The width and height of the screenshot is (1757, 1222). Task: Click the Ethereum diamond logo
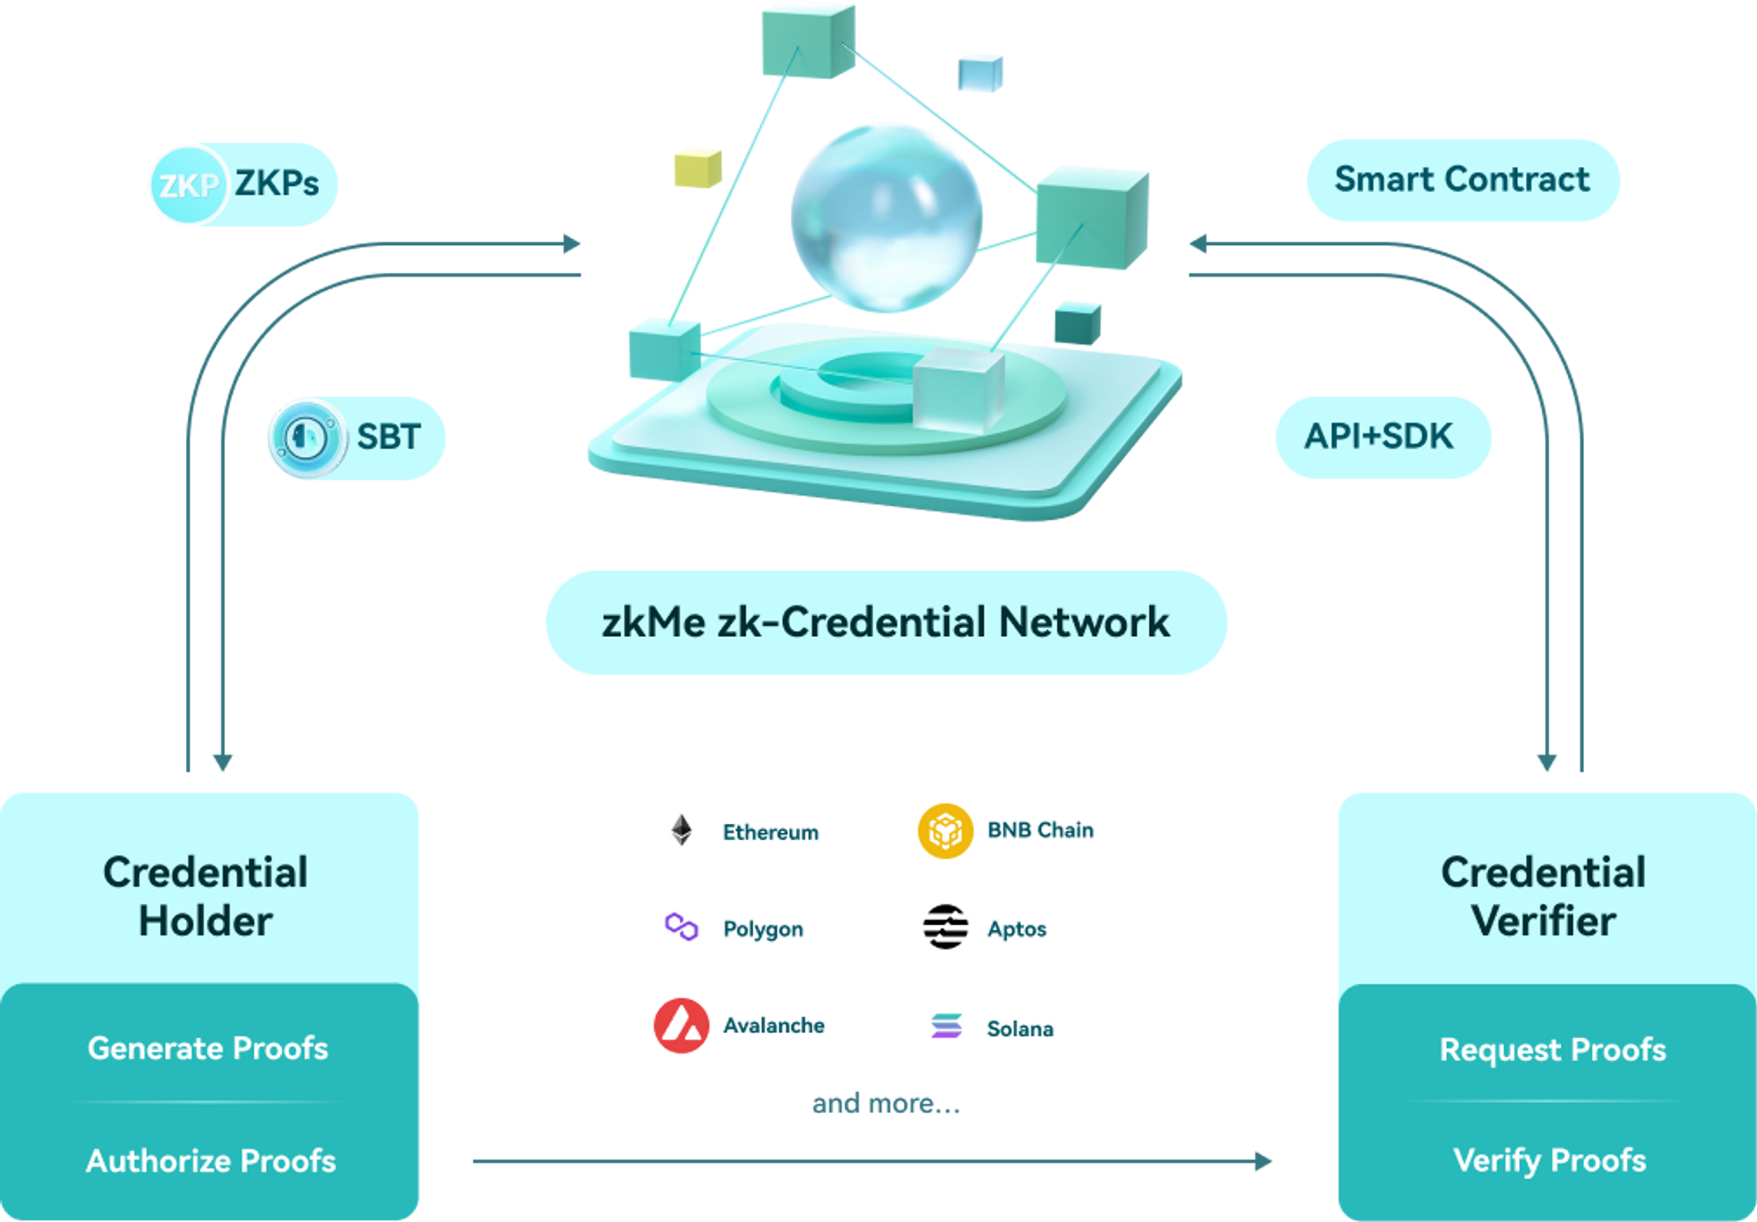[681, 830]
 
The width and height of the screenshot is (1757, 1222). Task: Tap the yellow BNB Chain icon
[944, 830]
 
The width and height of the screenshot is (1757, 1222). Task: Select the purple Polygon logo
[681, 927]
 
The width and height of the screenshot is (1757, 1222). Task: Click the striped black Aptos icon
[945, 927]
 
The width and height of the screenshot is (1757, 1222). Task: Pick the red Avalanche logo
[681, 1025]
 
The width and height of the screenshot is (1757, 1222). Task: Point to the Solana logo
[946, 1025]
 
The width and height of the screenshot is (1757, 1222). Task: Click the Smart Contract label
[1462, 180]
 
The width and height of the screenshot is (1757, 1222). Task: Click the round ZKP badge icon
[187, 184]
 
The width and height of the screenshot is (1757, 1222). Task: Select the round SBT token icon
[306, 437]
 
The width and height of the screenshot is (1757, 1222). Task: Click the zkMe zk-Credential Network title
[886, 622]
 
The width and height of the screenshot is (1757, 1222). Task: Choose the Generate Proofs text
[208, 1048]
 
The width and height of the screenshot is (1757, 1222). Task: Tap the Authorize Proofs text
[211, 1161]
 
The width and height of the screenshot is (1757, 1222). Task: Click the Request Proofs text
[1552, 1050]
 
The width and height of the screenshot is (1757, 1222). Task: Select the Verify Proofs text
[1550, 1160]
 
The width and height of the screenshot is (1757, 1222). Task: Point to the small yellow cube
[698, 168]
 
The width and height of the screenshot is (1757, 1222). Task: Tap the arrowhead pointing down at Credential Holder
[222, 762]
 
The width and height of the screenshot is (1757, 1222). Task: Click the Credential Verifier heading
[1544, 896]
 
